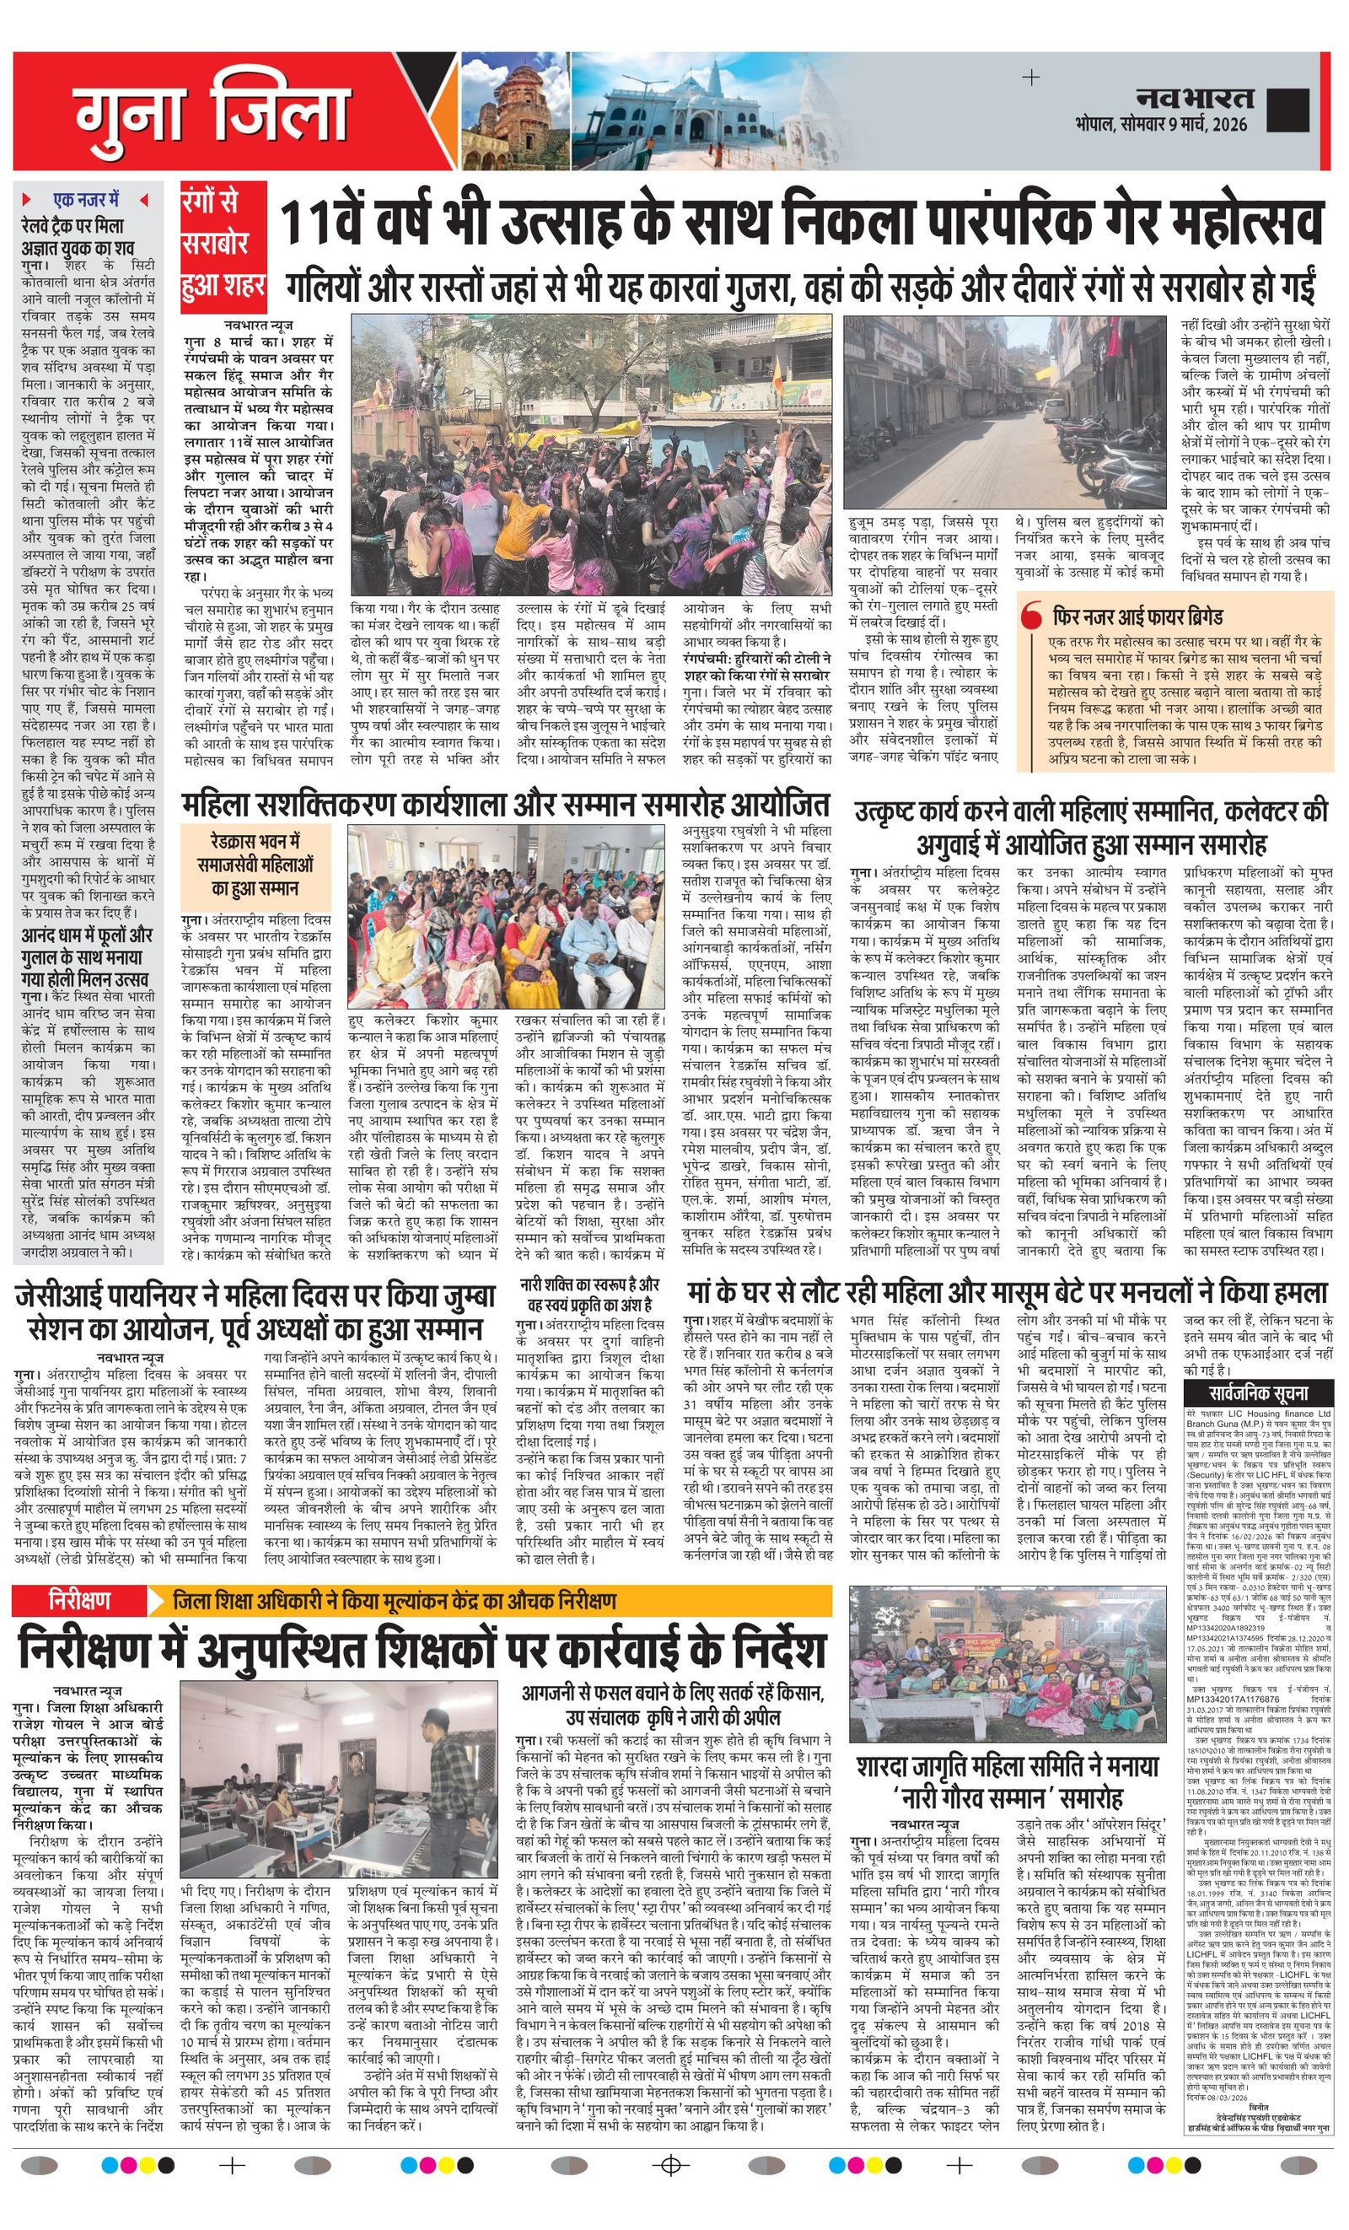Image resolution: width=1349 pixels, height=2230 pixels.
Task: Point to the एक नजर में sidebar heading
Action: pos(86,199)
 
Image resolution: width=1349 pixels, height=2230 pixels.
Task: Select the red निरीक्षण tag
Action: pos(79,1600)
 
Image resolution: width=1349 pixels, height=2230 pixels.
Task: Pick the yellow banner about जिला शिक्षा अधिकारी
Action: pos(490,1600)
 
